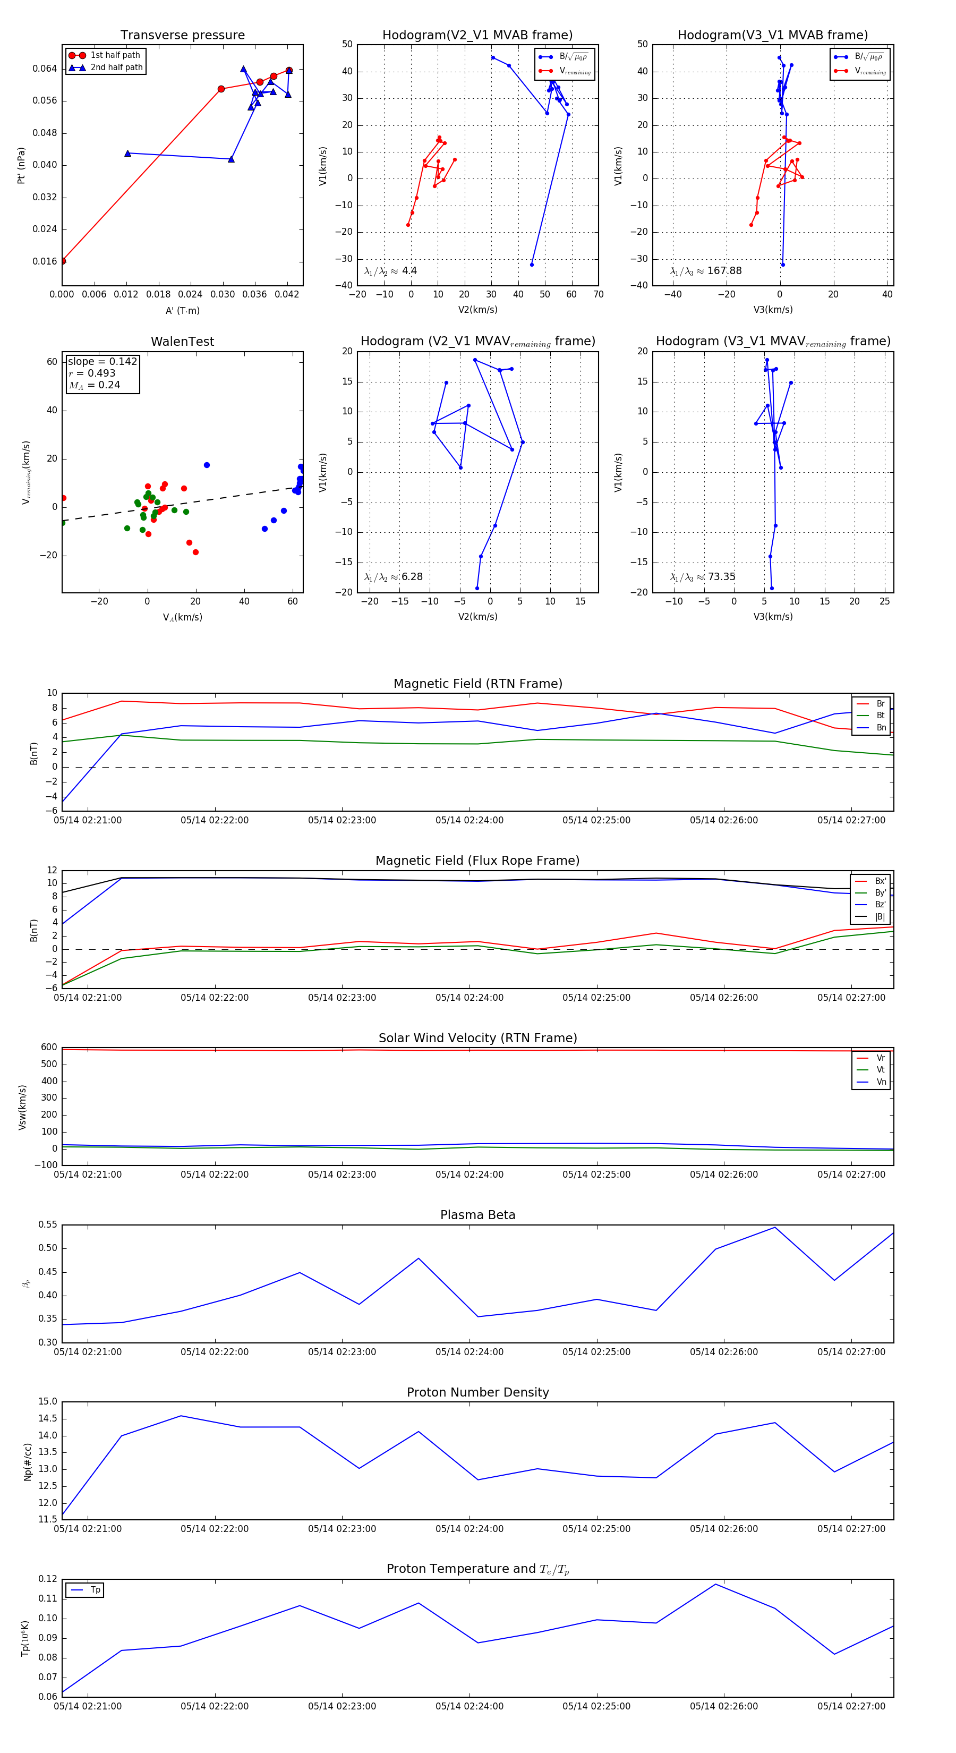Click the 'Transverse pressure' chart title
point(182,36)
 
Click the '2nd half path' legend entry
point(116,67)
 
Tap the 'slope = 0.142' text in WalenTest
point(102,361)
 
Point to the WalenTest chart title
point(182,342)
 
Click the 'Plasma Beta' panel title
point(477,1215)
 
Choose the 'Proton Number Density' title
point(477,1392)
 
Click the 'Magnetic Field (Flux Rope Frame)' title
point(477,861)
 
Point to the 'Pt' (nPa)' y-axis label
point(21,165)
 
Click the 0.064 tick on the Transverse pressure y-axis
point(45,69)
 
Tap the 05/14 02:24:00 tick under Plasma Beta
point(470,1351)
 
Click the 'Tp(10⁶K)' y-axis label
point(25,1637)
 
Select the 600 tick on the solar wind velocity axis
point(49,1048)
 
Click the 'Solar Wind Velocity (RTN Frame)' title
point(477,1038)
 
